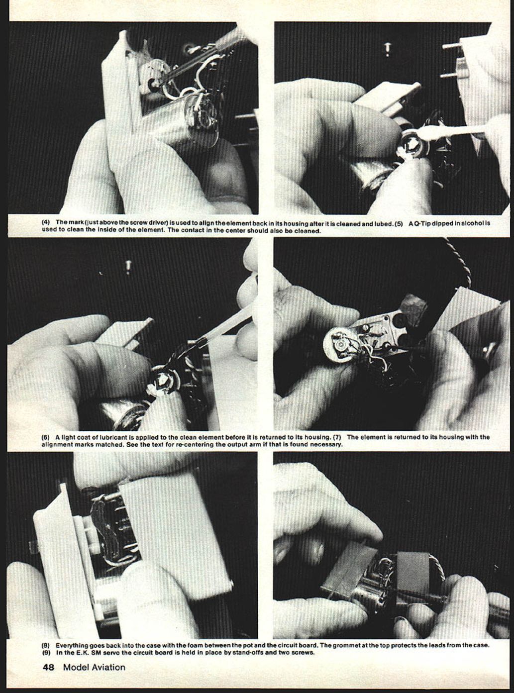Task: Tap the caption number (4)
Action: [46, 222]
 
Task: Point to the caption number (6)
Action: [46, 437]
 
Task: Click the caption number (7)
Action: [336, 437]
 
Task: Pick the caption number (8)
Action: [46, 646]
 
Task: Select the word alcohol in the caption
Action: [472, 222]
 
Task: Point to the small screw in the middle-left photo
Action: [128, 268]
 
